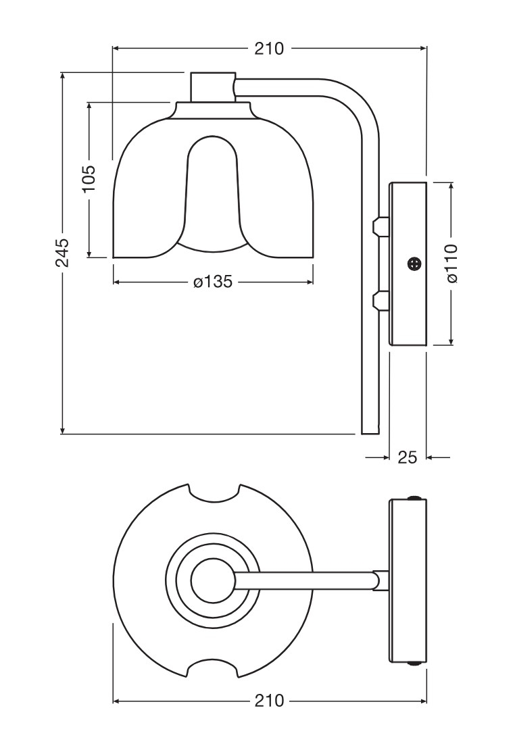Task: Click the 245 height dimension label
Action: point(62,252)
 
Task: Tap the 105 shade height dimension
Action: point(89,179)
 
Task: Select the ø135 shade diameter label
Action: point(212,282)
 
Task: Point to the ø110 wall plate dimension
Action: point(451,264)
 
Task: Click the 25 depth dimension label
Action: point(407,457)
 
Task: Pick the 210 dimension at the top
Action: point(269,49)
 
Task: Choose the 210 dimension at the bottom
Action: point(269,701)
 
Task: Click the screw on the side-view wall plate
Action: point(414,264)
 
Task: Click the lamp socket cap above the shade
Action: point(212,86)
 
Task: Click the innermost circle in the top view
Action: point(212,580)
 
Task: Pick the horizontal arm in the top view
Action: point(304,580)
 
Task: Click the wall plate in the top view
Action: point(408,580)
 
